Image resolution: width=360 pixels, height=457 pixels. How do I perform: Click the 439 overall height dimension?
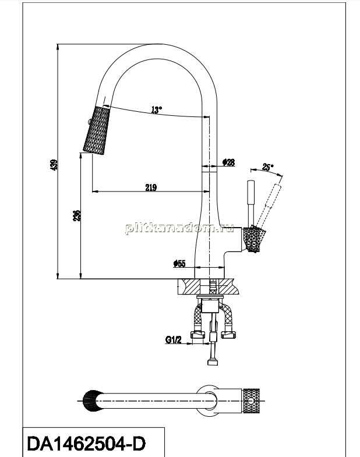pyautogui.click(x=55, y=164)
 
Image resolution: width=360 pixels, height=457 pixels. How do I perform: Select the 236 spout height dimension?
pyautogui.click(x=77, y=215)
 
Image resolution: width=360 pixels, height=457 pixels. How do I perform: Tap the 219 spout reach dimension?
pyautogui.click(x=151, y=187)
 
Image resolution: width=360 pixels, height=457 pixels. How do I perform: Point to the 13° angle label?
pyautogui.click(x=156, y=110)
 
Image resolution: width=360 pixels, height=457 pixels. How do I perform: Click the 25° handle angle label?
pyautogui.click(x=268, y=167)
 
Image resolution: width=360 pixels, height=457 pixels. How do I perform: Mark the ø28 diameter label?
pyautogui.click(x=228, y=162)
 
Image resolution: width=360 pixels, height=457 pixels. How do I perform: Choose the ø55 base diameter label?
pyautogui.click(x=179, y=264)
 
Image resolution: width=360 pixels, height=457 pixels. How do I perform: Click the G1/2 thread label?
pyautogui.click(x=173, y=339)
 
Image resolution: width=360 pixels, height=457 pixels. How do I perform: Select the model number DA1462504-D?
pyautogui.click(x=86, y=444)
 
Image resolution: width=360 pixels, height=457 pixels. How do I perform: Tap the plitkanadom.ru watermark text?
pyautogui.click(x=179, y=228)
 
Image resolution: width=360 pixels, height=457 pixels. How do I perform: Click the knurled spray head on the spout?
pyautogui.click(x=97, y=130)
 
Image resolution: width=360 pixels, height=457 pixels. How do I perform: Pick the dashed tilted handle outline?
pyautogui.click(x=268, y=206)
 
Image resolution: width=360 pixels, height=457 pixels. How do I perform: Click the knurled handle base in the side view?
pyautogui.click(x=255, y=240)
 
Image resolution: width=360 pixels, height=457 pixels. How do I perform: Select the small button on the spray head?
pyautogui.click(x=89, y=122)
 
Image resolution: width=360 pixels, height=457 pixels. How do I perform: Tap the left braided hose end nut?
pyautogui.click(x=197, y=335)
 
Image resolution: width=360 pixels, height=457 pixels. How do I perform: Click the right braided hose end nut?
pyautogui.click(x=228, y=335)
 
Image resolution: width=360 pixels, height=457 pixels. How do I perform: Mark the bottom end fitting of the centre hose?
pyautogui.click(x=213, y=362)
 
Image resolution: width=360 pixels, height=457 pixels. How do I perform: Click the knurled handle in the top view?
pyautogui.click(x=251, y=401)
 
